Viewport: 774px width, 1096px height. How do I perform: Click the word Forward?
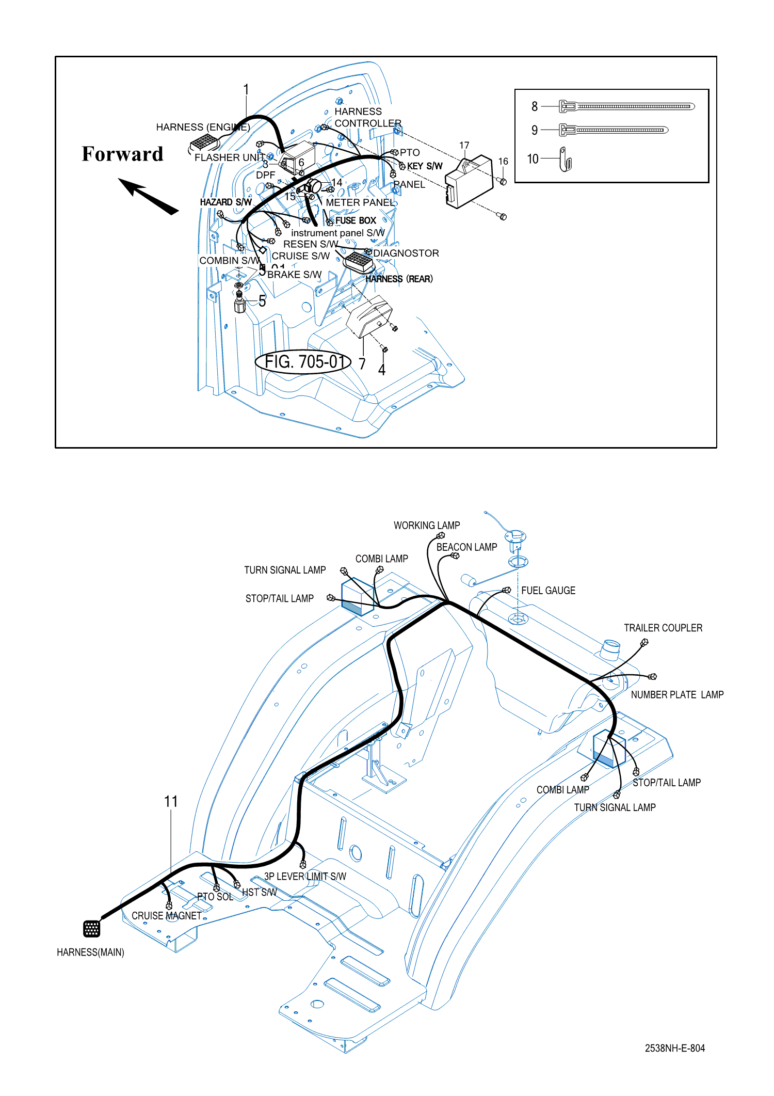pos(122,154)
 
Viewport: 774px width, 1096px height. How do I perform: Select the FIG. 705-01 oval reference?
pos(303,362)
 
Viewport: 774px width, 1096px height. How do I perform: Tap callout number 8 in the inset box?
pos(535,106)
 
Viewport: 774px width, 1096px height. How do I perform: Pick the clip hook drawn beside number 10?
pos(566,160)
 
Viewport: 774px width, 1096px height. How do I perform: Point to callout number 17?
pos(464,146)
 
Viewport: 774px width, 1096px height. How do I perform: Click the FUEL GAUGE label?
pos(548,591)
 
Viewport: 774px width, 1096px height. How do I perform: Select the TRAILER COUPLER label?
pos(663,628)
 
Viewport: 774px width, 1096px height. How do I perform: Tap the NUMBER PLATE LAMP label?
pos(677,695)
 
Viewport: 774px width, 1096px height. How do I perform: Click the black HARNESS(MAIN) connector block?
pos(92,928)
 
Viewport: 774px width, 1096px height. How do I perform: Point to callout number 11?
pos(171,802)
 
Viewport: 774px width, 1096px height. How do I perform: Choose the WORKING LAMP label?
pos(427,526)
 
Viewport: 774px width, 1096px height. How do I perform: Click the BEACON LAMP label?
pos(466,547)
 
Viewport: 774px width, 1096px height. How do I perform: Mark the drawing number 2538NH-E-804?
pos(674,1048)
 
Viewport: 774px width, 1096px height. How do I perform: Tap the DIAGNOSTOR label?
pos(406,253)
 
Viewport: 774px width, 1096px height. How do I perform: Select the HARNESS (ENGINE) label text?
pos(203,127)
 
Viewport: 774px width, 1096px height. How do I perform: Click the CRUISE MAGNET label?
pos(166,916)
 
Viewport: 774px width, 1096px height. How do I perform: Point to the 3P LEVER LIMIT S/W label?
pos(305,877)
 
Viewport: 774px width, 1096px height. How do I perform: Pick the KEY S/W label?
pos(425,166)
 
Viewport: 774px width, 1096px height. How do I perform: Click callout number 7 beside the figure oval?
pos(362,364)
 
